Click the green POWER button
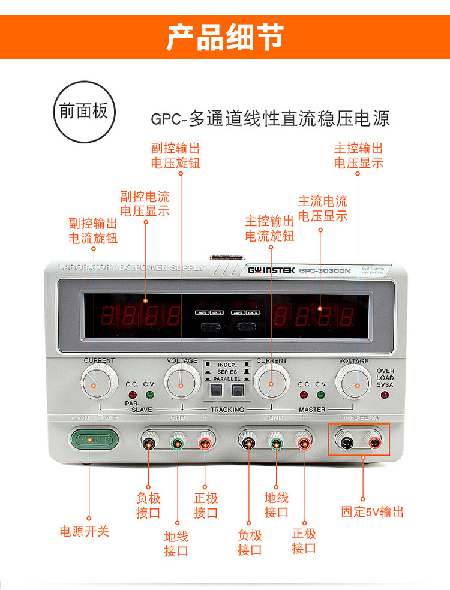pos(91,440)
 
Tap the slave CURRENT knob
pos(98,380)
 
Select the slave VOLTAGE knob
pos(182,381)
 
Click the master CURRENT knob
pos(271,381)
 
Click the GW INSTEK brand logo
pos(271,270)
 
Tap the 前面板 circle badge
pos(83,112)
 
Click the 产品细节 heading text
pos(224,37)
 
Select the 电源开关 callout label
pos(85,531)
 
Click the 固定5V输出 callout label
pos(372,511)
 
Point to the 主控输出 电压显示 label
pos(358,155)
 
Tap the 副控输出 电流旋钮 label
pos(93,231)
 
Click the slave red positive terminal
pos(205,444)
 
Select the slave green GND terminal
pos(178,444)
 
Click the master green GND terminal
pos(276,444)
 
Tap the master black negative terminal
pos(248,444)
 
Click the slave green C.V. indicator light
pos(149,395)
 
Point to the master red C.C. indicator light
pos(304,395)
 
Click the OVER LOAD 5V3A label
pos(385,378)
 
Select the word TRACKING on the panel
pos(227,410)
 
